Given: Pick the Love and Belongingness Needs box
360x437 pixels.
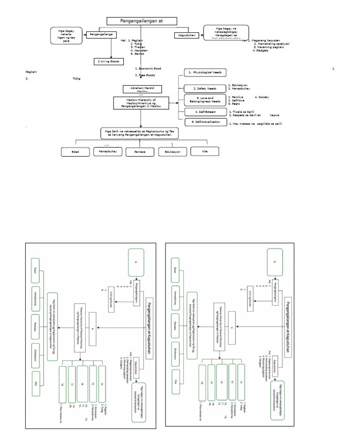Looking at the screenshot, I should tap(202, 99).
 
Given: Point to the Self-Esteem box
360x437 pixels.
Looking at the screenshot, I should tap(202, 112).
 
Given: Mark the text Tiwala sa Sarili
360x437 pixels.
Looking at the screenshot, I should tap(241, 111).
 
